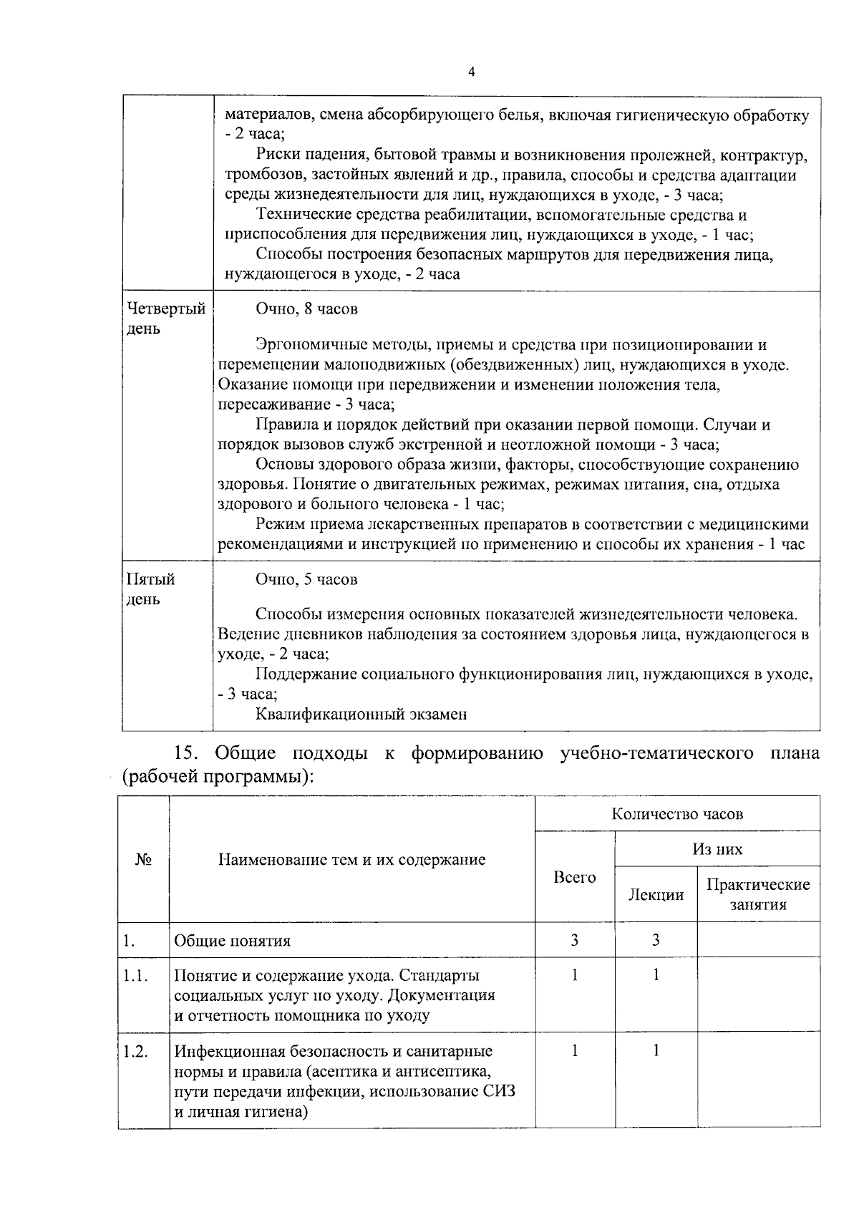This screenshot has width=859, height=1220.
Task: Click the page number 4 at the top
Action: pyautogui.click(x=471, y=72)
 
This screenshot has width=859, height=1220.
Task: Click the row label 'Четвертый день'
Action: pyautogui.click(x=165, y=319)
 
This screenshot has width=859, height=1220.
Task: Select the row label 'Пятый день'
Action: pyautogui.click(x=150, y=589)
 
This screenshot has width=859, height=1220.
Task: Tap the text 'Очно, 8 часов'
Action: pyautogui.click(x=306, y=309)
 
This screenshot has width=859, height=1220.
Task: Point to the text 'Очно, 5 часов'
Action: pyautogui.click(x=306, y=579)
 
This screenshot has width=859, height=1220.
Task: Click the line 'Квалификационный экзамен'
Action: pyautogui.click(x=361, y=714)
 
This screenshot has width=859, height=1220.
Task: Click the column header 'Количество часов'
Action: pyautogui.click(x=676, y=813)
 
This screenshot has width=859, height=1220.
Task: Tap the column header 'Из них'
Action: pyautogui.click(x=717, y=849)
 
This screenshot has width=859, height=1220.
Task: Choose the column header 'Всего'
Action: pyautogui.click(x=574, y=877)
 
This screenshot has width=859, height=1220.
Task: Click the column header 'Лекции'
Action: pyautogui.click(x=655, y=894)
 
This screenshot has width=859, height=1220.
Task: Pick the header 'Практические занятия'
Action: pyautogui.click(x=758, y=894)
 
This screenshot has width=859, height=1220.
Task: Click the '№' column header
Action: pyautogui.click(x=143, y=859)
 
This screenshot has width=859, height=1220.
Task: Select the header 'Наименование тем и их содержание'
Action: pyautogui.click(x=351, y=859)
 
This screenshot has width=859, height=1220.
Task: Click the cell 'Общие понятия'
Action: pyautogui.click(x=233, y=941)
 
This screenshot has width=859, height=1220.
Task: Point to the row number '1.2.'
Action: pyautogui.click(x=135, y=1051)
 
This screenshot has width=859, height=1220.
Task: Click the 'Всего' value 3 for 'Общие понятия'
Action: pyautogui.click(x=574, y=940)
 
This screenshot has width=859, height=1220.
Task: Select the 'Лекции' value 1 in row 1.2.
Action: pyautogui.click(x=655, y=1050)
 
